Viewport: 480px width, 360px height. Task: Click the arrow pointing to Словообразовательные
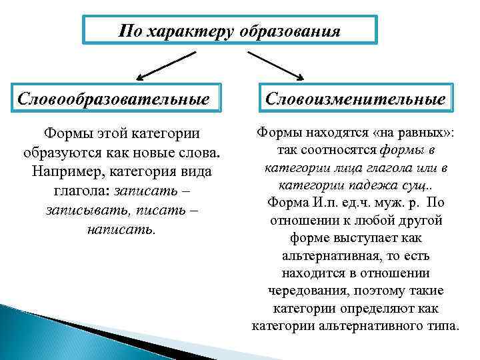pyautogui.click(x=161, y=69)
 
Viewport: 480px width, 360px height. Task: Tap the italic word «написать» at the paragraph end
pyautogui.click(x=121, y=229)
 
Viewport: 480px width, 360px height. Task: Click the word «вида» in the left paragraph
pyautogui.click(x=196, y=171)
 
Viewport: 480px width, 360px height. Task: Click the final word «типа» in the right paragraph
pyautogui.click(x=441, y=325)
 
